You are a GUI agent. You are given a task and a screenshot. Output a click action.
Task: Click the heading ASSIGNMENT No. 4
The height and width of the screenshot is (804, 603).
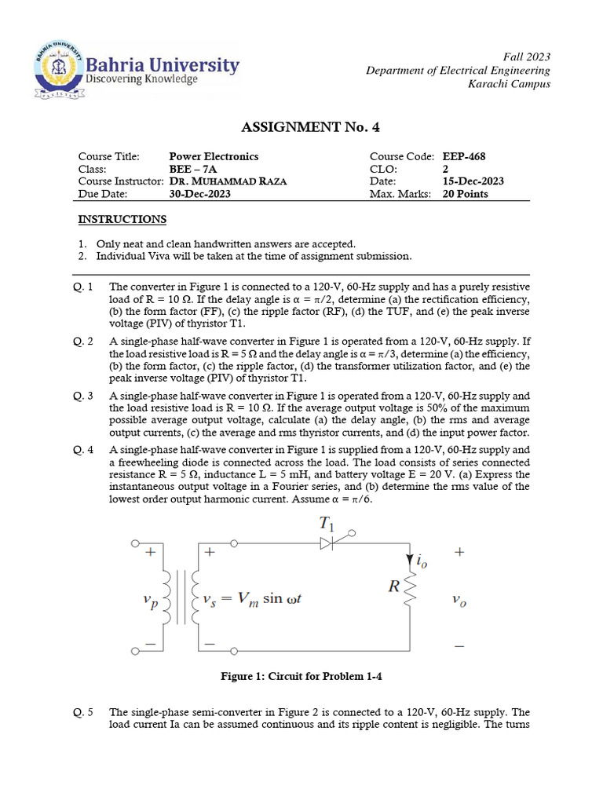(301, 128)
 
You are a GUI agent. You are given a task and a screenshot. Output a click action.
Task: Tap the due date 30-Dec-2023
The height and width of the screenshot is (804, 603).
(200, 194)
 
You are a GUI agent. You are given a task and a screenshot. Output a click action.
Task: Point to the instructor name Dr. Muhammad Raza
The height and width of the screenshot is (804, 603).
(228, 181)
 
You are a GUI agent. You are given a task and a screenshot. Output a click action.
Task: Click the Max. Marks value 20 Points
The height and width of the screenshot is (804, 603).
(465, 194)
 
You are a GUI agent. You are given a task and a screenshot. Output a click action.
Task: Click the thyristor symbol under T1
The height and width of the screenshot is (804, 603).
(331, 543)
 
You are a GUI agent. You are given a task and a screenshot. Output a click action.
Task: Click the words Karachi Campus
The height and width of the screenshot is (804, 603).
(509, 84)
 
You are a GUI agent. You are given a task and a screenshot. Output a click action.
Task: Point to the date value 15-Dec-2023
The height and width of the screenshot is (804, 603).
(473, 181)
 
